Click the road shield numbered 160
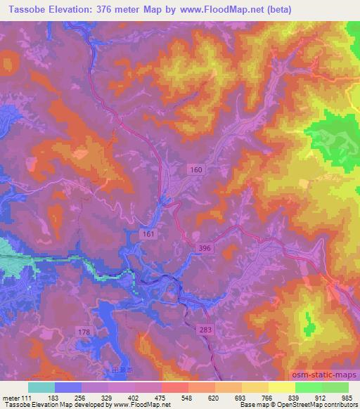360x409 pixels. pyautogui.click(x=198, y=169)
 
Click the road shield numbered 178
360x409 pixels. pyautogui.click(x=84, y=331)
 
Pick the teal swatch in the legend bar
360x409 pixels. pyautogui.click(x=41, y=387)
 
